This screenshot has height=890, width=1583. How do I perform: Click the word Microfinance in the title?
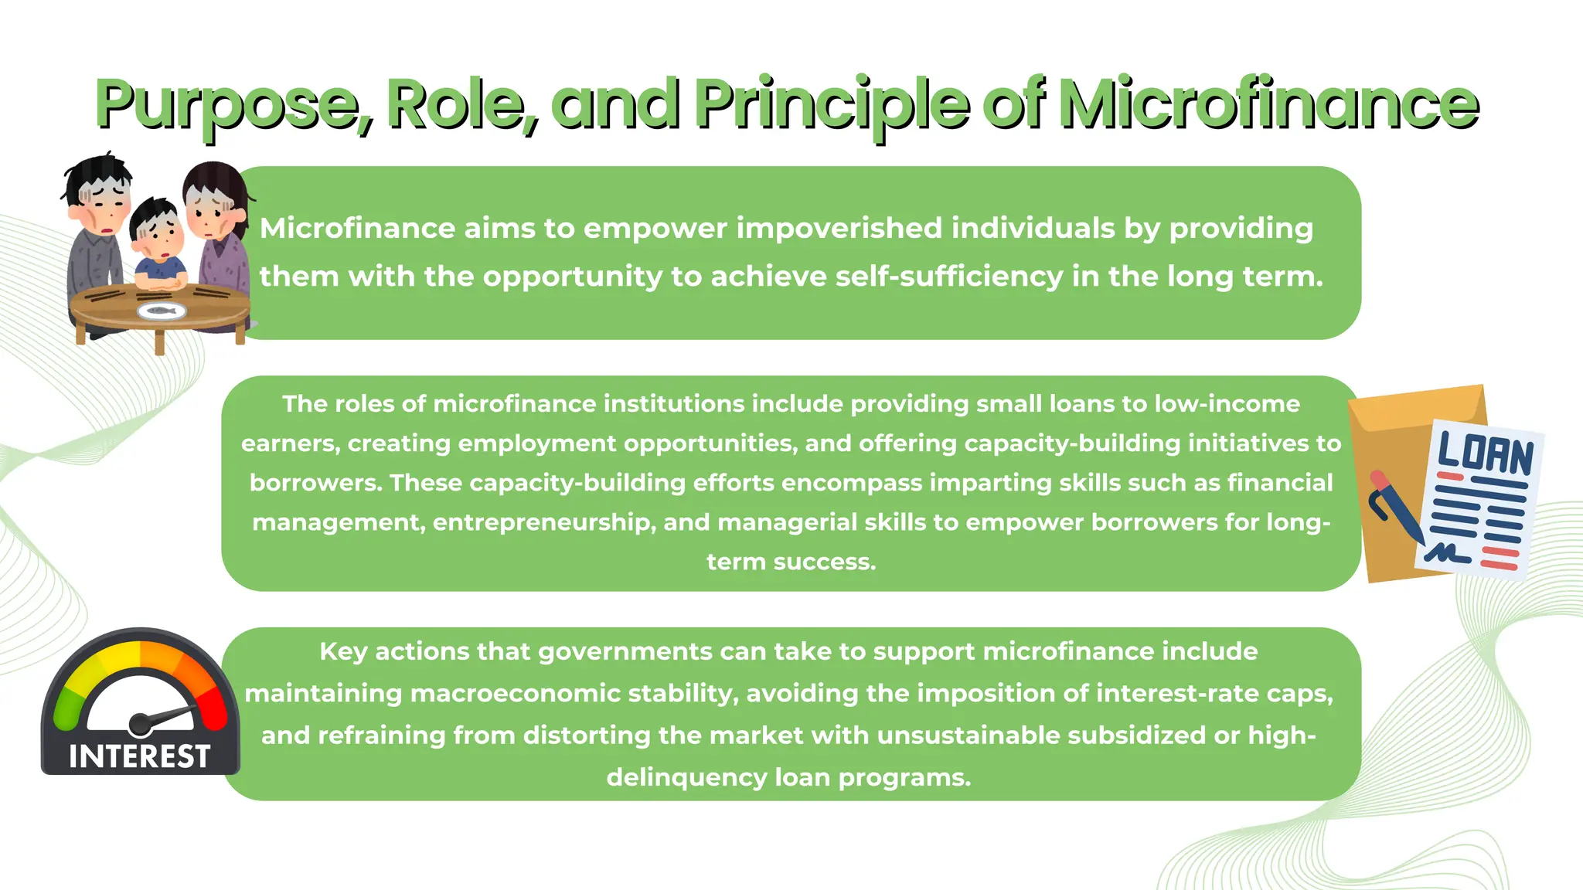1268,105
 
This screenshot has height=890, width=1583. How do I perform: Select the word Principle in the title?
832,105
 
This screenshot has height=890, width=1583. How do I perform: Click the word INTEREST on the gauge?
139,756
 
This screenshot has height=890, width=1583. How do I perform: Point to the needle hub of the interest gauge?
141,724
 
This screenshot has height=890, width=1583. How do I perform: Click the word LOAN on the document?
1485,453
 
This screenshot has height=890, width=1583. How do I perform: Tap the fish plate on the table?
162,311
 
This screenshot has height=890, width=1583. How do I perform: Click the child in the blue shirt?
158,243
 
